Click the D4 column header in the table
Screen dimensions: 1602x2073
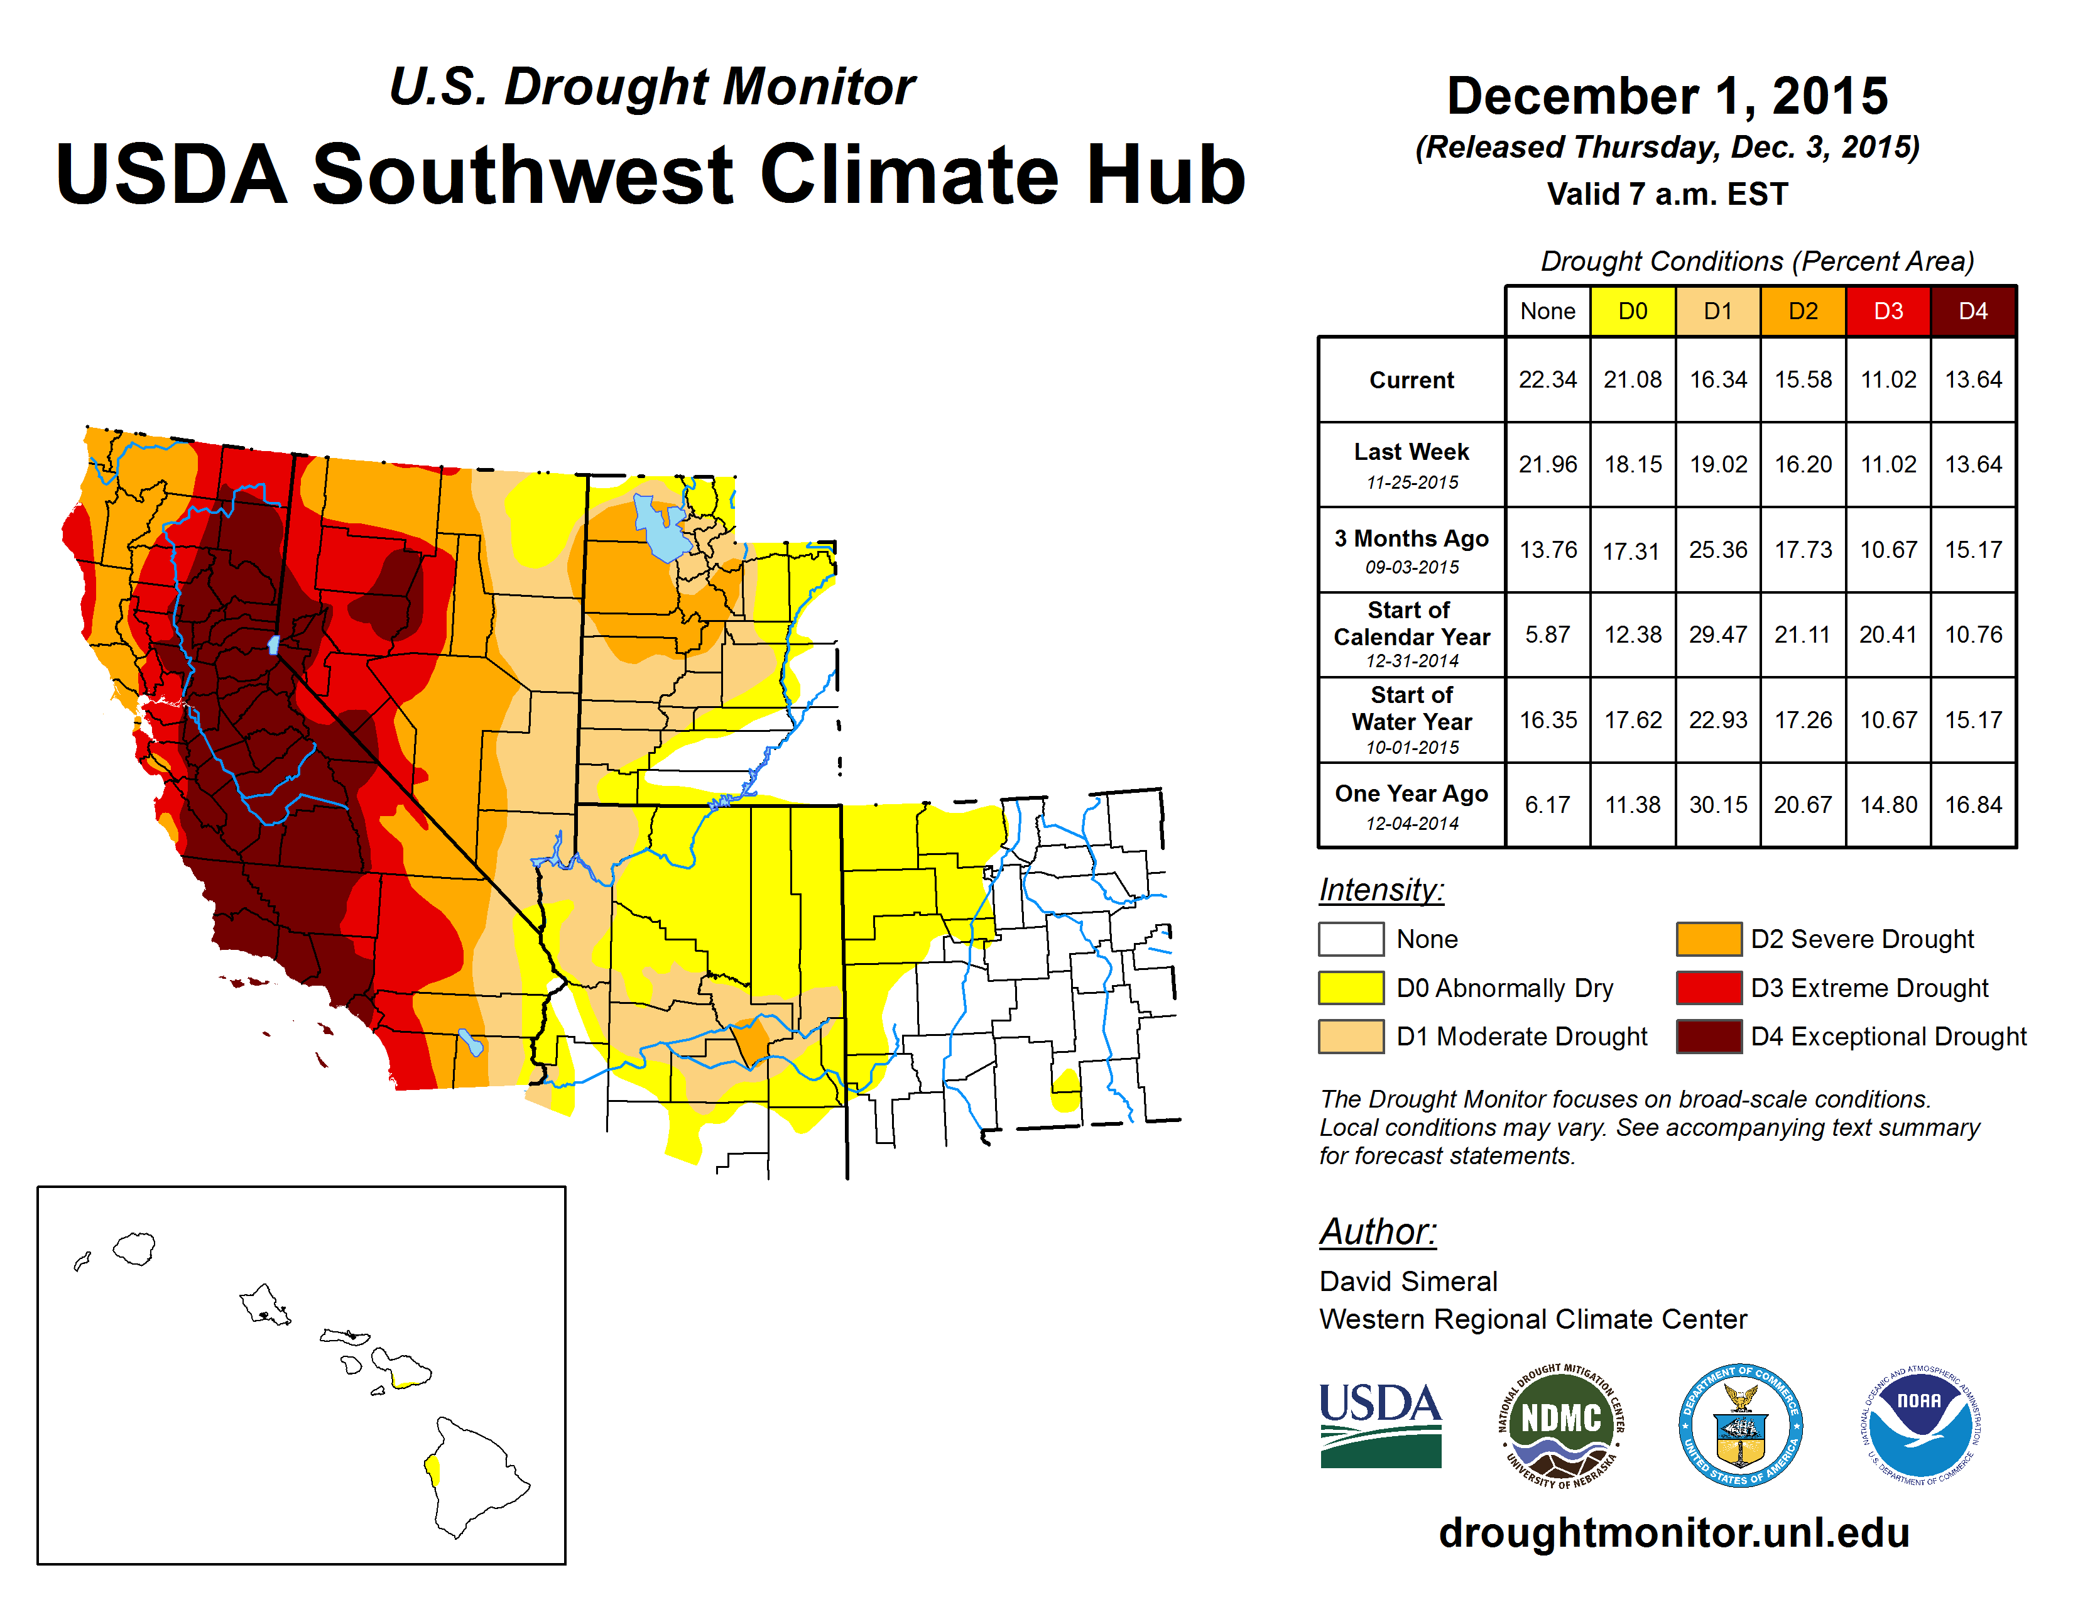tap(1972, 311)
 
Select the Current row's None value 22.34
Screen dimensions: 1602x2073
tap(1547, 379)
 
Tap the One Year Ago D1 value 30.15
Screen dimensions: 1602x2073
tap(1718, 805)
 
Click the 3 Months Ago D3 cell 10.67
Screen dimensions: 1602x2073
tap(1888, 550)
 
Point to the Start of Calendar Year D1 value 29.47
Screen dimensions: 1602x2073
tap(1718, 634)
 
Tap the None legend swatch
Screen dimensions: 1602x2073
tap(1351, 939)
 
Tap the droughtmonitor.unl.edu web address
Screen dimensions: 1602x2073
tap(1673, 1533)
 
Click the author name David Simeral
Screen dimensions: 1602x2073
tap(1408, 1281)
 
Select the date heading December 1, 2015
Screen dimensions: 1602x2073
tap(1667, 97)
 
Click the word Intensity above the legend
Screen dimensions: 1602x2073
tap(1381, 890)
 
